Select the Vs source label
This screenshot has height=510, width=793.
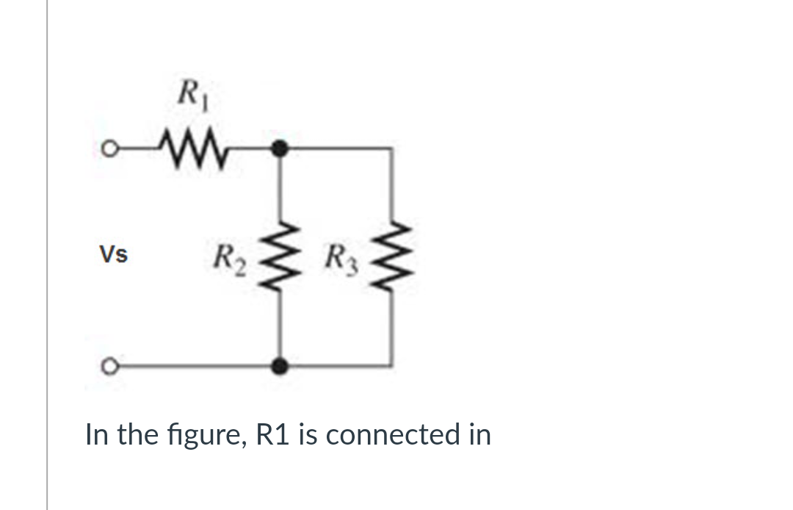[114, 255]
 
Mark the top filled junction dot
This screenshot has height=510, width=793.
[278, 149]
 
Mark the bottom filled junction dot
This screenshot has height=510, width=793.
[278, 364]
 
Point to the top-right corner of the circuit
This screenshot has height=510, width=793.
[391, 149]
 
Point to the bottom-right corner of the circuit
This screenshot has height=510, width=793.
[391, 364]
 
